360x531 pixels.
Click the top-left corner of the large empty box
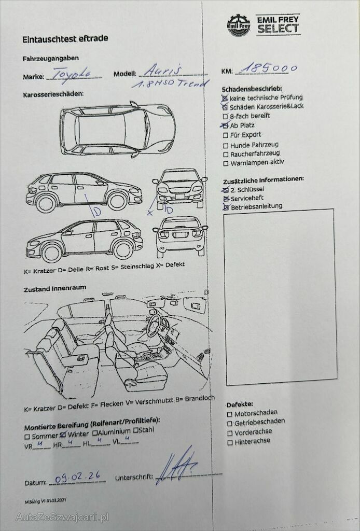tap(224, 215)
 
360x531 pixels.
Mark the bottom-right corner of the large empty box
tap(337, 379)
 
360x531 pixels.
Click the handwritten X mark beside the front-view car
tap(150, 213)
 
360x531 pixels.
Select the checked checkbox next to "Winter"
tap(63, 435)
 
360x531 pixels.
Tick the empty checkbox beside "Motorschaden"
tap(230, 414)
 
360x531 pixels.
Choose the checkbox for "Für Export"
tap(226, 135)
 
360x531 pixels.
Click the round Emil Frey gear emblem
tap(239, 25)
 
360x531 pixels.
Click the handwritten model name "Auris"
tap(162, 70)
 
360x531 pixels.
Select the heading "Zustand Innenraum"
tap(55, 288)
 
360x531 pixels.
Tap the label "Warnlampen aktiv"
tap(257, 162)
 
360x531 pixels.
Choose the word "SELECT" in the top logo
tap(278, 29)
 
